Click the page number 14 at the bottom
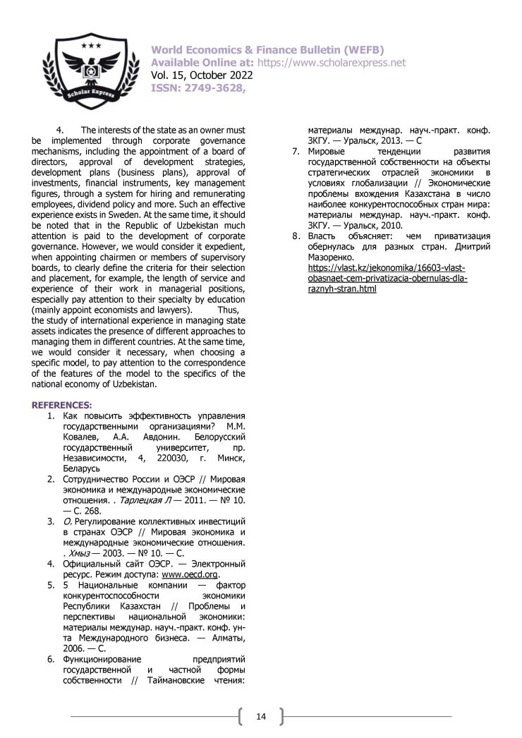point(260,717)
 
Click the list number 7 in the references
point(297,152)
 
